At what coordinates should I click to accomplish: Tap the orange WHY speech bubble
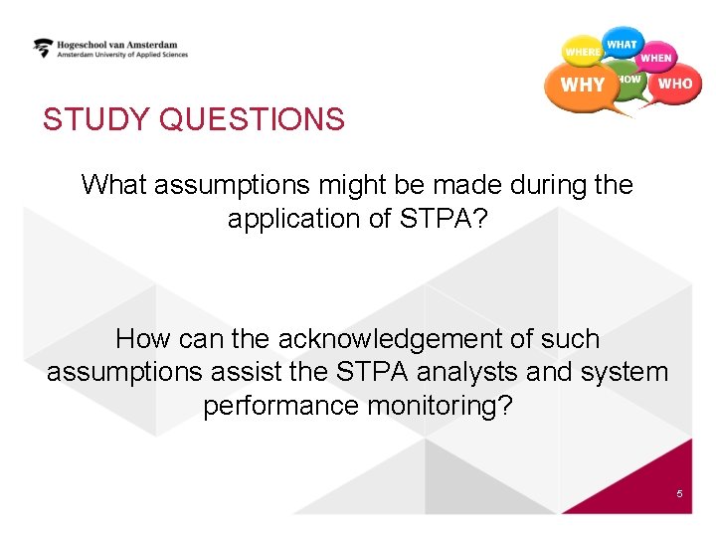point(582,86)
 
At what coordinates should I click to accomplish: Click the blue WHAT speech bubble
point(623,44)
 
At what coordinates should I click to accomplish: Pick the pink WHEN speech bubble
point(656,58)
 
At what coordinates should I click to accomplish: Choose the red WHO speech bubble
point(675,85)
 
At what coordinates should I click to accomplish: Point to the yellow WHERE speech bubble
point(582,51)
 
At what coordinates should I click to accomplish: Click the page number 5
point(679,494)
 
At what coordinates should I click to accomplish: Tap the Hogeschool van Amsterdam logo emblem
point(43,48)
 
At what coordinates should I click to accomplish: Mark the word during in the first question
point(546,185)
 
